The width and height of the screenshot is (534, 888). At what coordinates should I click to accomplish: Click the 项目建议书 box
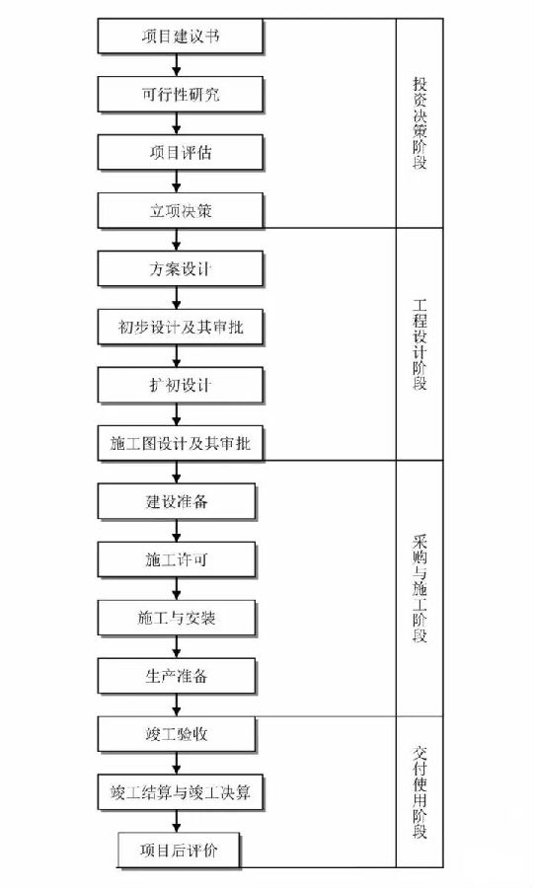(181, 36)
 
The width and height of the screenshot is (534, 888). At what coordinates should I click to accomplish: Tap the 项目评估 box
(181, 152)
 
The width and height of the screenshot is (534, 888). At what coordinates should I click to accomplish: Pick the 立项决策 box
(181, 210)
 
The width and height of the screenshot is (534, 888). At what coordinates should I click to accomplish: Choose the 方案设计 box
(181, 268)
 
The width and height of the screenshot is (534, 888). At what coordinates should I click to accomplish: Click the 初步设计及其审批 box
(181, 327)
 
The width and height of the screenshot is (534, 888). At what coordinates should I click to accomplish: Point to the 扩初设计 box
(181, 385)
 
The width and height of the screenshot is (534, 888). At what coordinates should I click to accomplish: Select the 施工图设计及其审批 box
(181, 443)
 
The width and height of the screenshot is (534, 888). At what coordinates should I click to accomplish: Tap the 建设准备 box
(177, 500)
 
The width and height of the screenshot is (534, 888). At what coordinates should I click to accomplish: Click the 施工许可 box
(177, 559)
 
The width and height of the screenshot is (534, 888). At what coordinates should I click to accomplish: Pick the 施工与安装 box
(177, 618)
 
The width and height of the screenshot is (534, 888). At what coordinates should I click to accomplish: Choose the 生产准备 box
(177, 676)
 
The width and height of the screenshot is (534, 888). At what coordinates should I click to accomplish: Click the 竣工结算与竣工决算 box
(181, 791)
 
